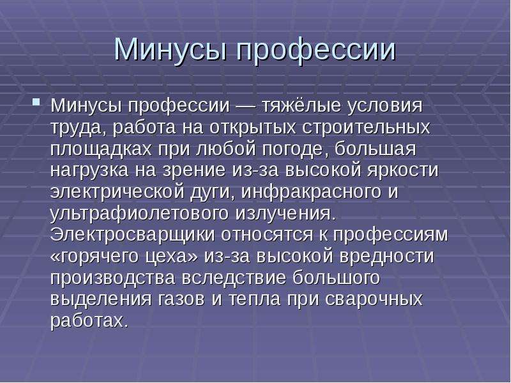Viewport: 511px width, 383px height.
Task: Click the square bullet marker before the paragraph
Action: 36,102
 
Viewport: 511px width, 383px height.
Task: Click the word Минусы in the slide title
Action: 170,50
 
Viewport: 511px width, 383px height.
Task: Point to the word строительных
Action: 366,127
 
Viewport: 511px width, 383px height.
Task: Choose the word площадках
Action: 102,149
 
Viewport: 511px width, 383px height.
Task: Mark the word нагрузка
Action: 89,171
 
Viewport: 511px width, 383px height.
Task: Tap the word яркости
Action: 402,170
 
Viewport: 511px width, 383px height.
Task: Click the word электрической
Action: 118,192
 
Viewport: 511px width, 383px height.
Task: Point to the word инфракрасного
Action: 311,192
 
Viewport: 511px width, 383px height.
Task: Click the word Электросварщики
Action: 133,235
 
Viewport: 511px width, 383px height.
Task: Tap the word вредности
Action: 387,257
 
